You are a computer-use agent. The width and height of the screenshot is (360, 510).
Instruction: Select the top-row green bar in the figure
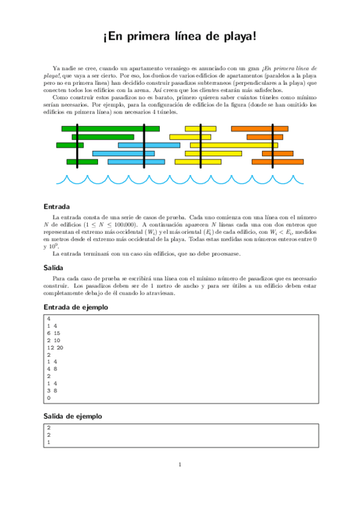[111, 129]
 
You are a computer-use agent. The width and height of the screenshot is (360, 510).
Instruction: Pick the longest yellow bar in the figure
[234, 145]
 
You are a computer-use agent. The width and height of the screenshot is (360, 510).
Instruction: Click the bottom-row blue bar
[136, 162]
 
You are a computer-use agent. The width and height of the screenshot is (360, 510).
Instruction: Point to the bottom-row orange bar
[278, 162]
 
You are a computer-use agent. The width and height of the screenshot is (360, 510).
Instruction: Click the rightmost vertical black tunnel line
[272, 146]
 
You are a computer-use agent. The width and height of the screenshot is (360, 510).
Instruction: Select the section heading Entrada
[56, 206]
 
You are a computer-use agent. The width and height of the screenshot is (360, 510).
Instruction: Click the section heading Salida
[53, 268]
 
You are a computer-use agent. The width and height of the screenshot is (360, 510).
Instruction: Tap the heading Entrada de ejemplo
[76, 308]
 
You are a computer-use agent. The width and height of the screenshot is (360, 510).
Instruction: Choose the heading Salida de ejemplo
[72, 416]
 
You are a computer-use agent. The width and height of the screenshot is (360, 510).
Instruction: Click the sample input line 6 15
[53, 333]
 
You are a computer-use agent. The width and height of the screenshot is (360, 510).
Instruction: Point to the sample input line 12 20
[55, 348]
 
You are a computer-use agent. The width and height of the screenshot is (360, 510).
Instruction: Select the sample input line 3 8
[52, 390]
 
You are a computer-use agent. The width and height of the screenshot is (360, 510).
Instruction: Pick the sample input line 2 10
[53, 340]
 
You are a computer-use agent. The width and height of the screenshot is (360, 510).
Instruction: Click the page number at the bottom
[180, 464]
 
